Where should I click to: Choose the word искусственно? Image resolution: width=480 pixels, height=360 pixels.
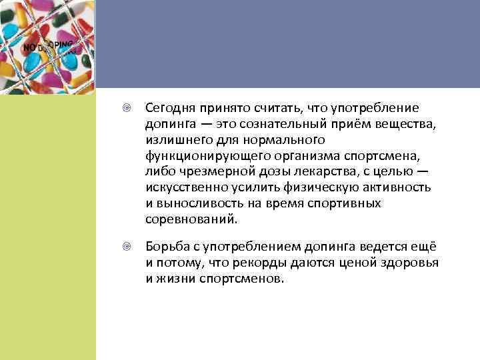183,188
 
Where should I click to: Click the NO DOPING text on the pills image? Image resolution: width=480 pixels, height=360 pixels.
49,47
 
